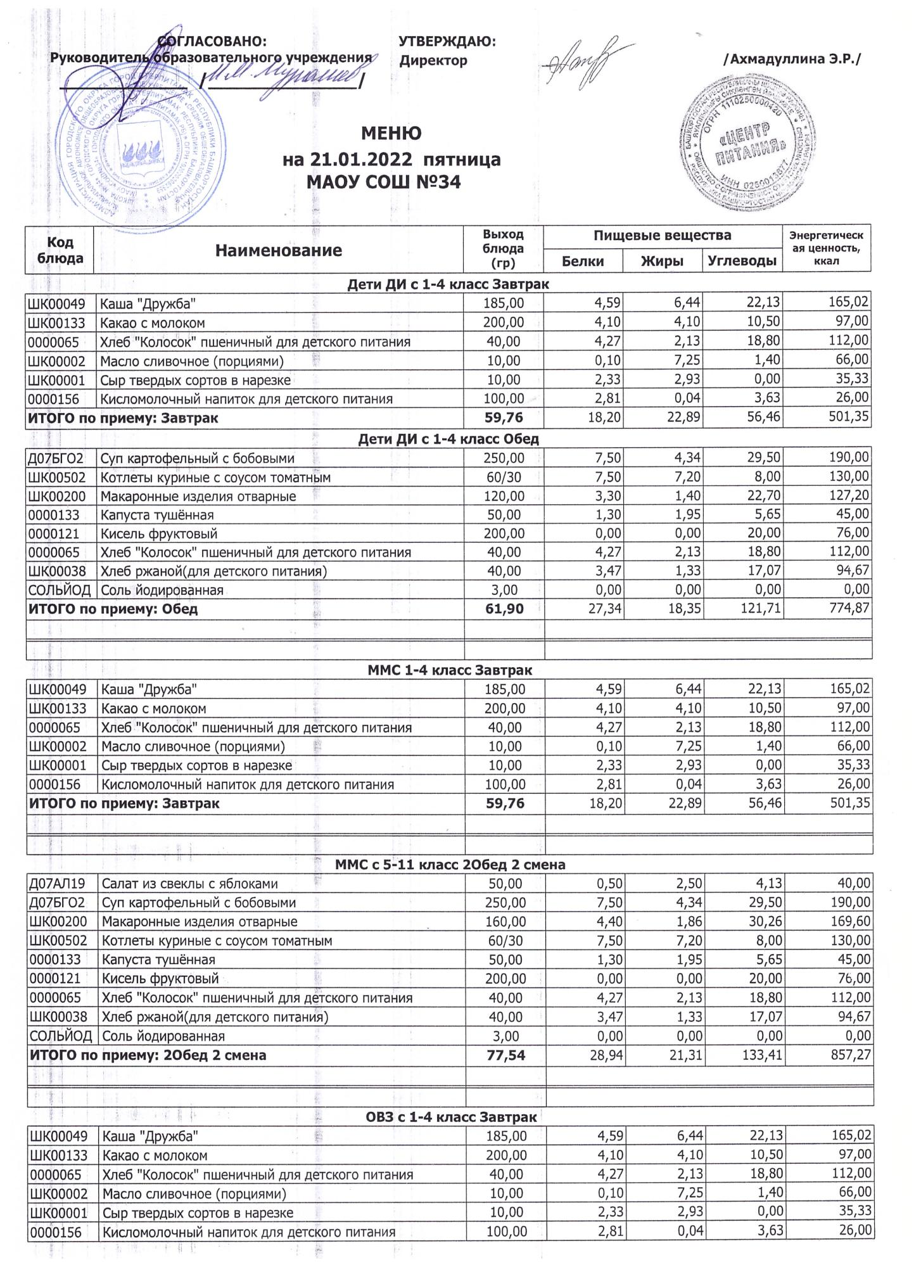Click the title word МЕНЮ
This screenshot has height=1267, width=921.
[391, 134]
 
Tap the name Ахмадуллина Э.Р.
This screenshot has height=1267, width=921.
[792, 60]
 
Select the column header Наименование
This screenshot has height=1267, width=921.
[278, 250]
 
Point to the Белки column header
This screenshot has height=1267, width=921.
[583, 261]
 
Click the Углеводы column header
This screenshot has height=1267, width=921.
[742, 261]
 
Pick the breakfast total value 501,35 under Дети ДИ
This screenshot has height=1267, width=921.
[848, 417]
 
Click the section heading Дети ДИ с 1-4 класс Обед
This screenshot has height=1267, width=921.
[448, 438]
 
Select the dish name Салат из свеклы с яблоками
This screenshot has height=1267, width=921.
[190, 884]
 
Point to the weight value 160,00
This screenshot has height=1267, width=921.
[505, 922]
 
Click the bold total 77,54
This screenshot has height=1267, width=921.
[505, 1055]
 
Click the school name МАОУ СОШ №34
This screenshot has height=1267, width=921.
[383, 182]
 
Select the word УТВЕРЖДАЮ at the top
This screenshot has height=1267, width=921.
[447, 42]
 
